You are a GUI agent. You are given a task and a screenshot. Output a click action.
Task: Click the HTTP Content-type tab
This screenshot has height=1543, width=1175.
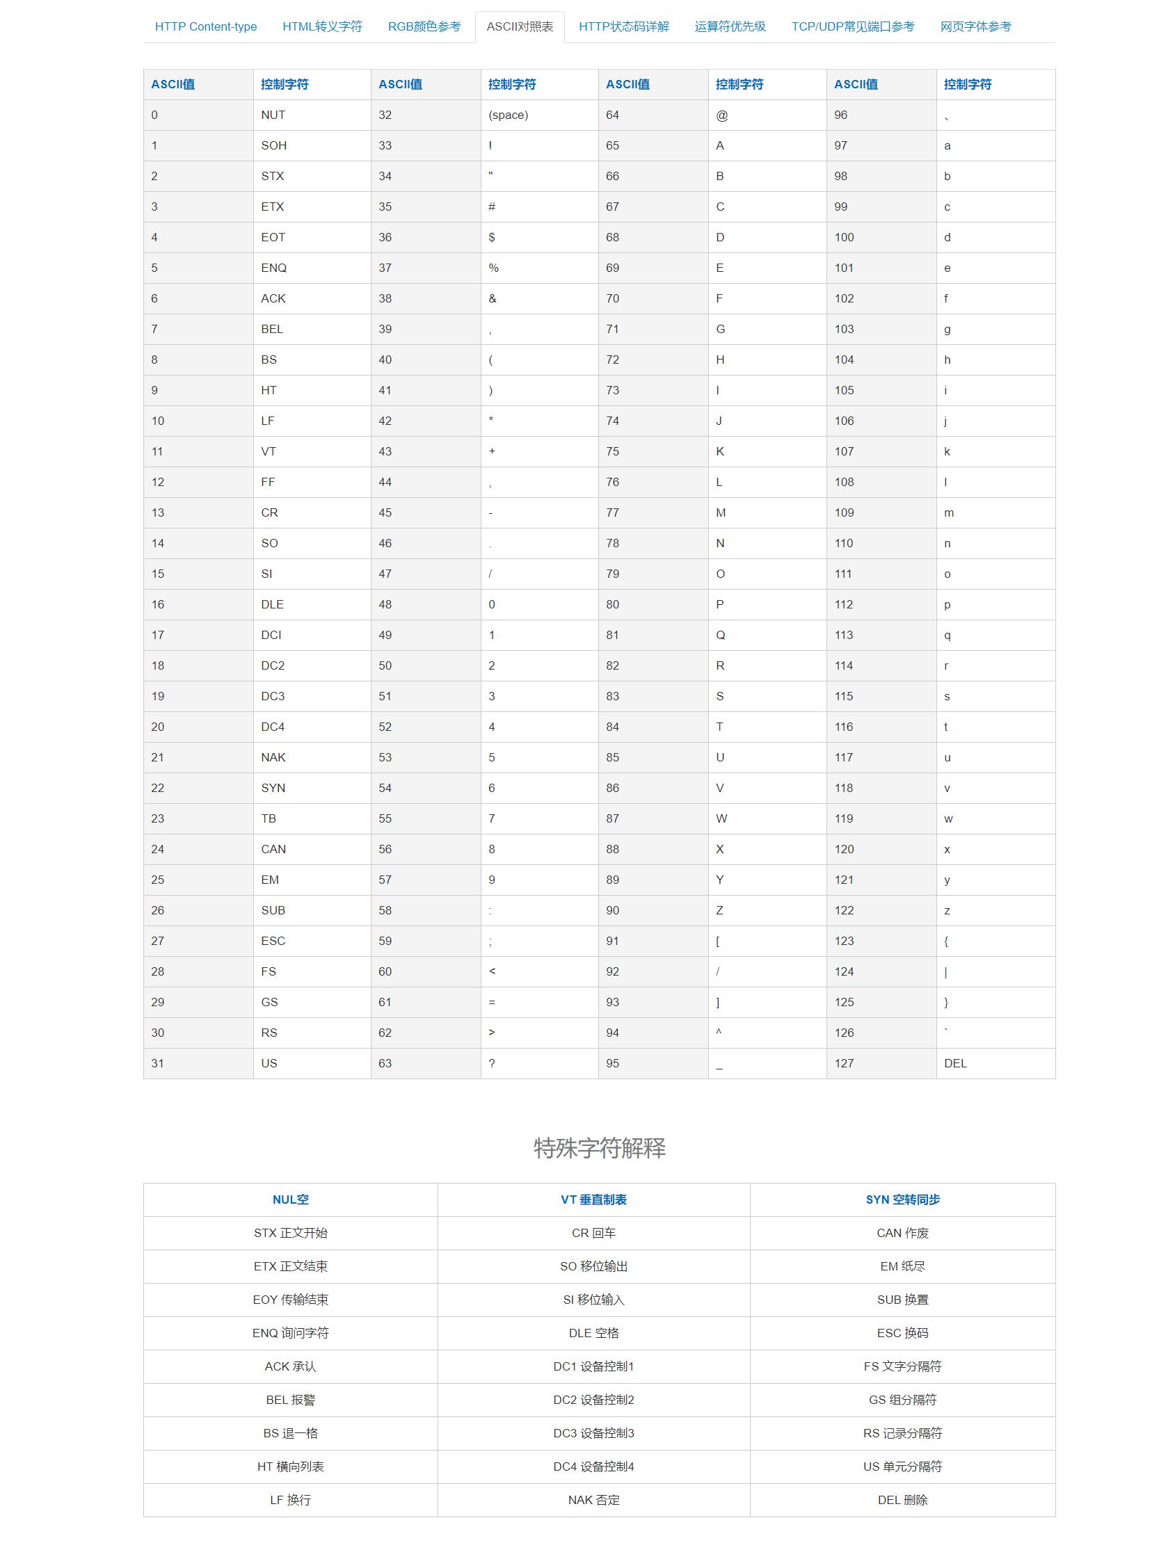[206, 26]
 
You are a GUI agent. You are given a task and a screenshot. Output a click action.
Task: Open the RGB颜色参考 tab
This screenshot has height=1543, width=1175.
[424, 26]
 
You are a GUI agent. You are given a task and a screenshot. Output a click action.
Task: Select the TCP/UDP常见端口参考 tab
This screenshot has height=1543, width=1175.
[853, 26]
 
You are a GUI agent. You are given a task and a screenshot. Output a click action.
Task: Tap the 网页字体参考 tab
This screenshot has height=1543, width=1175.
[975, 26]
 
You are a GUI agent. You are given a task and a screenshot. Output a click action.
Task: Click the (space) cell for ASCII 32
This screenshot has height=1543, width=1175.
[509, 115]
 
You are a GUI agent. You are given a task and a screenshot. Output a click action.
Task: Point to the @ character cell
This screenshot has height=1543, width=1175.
[722, 115]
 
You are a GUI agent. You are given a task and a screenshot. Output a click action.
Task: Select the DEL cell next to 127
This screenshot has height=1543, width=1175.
[955, 1063]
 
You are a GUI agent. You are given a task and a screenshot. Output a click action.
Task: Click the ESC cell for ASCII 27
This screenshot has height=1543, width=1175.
[273, 941]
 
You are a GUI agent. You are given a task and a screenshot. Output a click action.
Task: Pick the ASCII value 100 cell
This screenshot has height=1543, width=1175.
[844, 237]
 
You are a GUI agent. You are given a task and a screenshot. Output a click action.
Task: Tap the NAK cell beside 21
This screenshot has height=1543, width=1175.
[273, 757]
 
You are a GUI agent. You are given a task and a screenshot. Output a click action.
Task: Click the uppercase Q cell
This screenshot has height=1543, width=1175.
[721, 635]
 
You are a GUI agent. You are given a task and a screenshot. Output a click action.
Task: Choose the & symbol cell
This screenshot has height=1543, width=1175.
[493, 298]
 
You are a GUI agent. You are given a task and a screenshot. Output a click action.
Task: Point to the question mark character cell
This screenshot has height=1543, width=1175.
[492, 1063]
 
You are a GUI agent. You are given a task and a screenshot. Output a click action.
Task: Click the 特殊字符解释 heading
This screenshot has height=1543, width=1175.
[600, 1148]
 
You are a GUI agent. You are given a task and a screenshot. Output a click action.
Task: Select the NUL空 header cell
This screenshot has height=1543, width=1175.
[290, 1199]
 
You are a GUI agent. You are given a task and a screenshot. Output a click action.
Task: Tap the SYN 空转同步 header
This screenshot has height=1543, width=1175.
[902, 1199]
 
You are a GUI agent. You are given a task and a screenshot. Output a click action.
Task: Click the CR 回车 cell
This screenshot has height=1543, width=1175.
[593, 1234]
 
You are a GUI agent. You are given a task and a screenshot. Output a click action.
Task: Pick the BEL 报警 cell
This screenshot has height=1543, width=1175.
[290, 1400]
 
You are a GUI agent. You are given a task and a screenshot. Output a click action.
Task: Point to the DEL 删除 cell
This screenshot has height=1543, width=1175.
[902, 1500]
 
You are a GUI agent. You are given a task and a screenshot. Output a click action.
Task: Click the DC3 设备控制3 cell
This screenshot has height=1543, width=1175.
[593, 1433]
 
